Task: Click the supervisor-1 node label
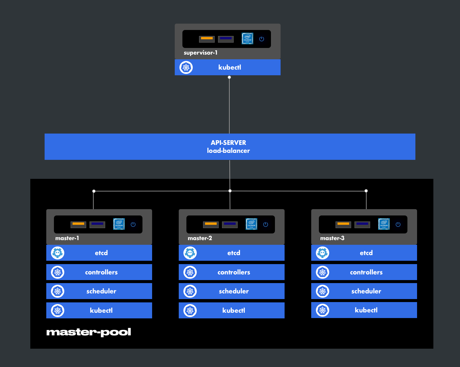click(200, 53)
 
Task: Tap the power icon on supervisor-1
click(262, 39)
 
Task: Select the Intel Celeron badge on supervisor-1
click(247, 39)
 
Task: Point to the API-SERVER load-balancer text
click(228, 147)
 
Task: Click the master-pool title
click(89, 332)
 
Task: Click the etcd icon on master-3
click(323, 253)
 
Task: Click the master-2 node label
click(200, 238)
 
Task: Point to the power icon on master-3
click(398, 224)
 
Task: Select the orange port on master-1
click(78, 224)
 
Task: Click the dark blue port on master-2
click(230, 224)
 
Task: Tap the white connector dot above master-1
click(94, 191)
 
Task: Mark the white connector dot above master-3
click(366, 191)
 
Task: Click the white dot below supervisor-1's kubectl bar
click(229, 77)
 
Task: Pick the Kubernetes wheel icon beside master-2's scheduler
click(190, 291)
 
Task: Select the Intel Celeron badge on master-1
click(119, 224)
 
